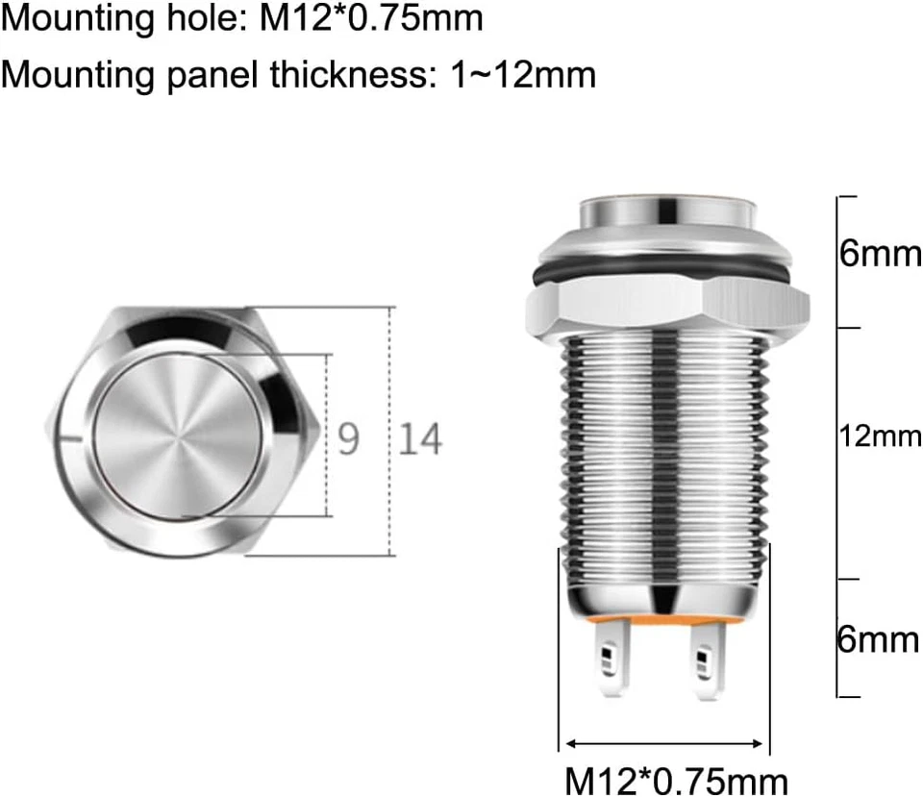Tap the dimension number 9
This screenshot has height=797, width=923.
(x=349, y=439)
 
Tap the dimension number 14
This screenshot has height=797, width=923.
(x=420, y=439)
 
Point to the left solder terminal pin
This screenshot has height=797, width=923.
(x=610, y=661)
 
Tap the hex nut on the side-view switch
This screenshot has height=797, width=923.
(x=665, y=308)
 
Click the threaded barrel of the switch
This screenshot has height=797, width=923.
(x=663, y=452)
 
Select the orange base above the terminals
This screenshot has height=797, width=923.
(x=663, y=623)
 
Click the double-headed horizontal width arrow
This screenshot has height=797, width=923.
(x=663, y=743)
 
